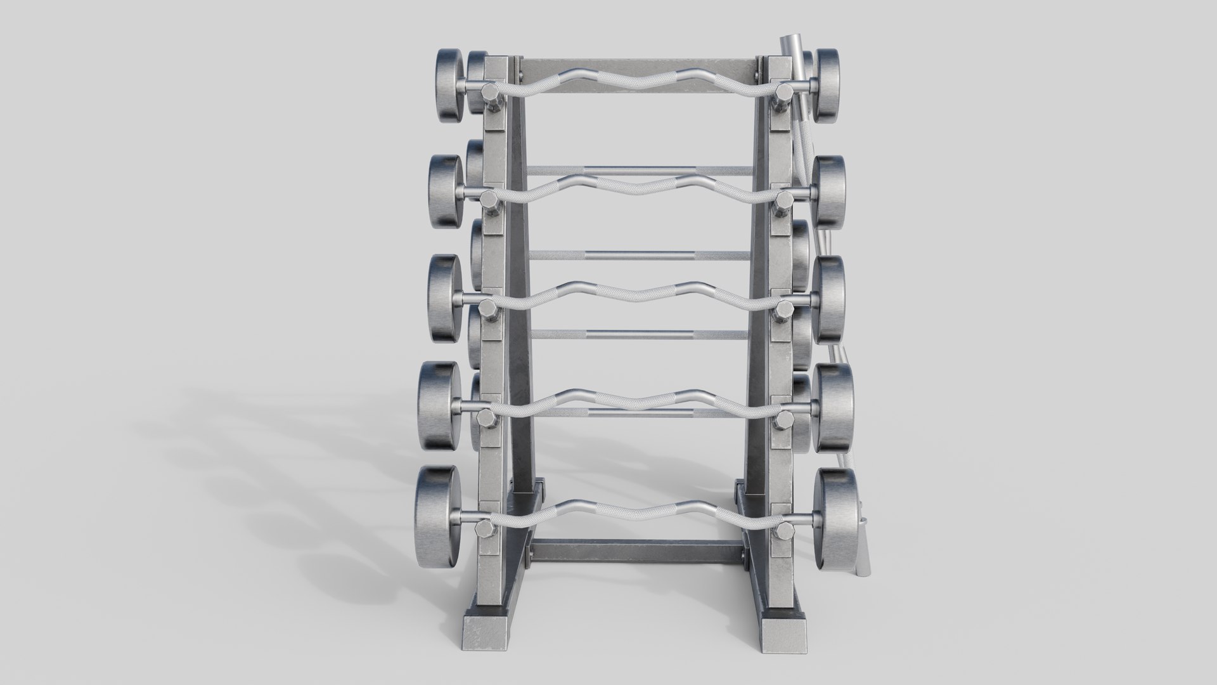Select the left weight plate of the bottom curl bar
pyautogui.click(x=436, y=510)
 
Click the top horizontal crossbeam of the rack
pyautogui.click(x=639, y=68)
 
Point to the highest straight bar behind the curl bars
pyautogui.click(x=639, y=170)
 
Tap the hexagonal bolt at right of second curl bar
pyautogui.click(x=783, y=200)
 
